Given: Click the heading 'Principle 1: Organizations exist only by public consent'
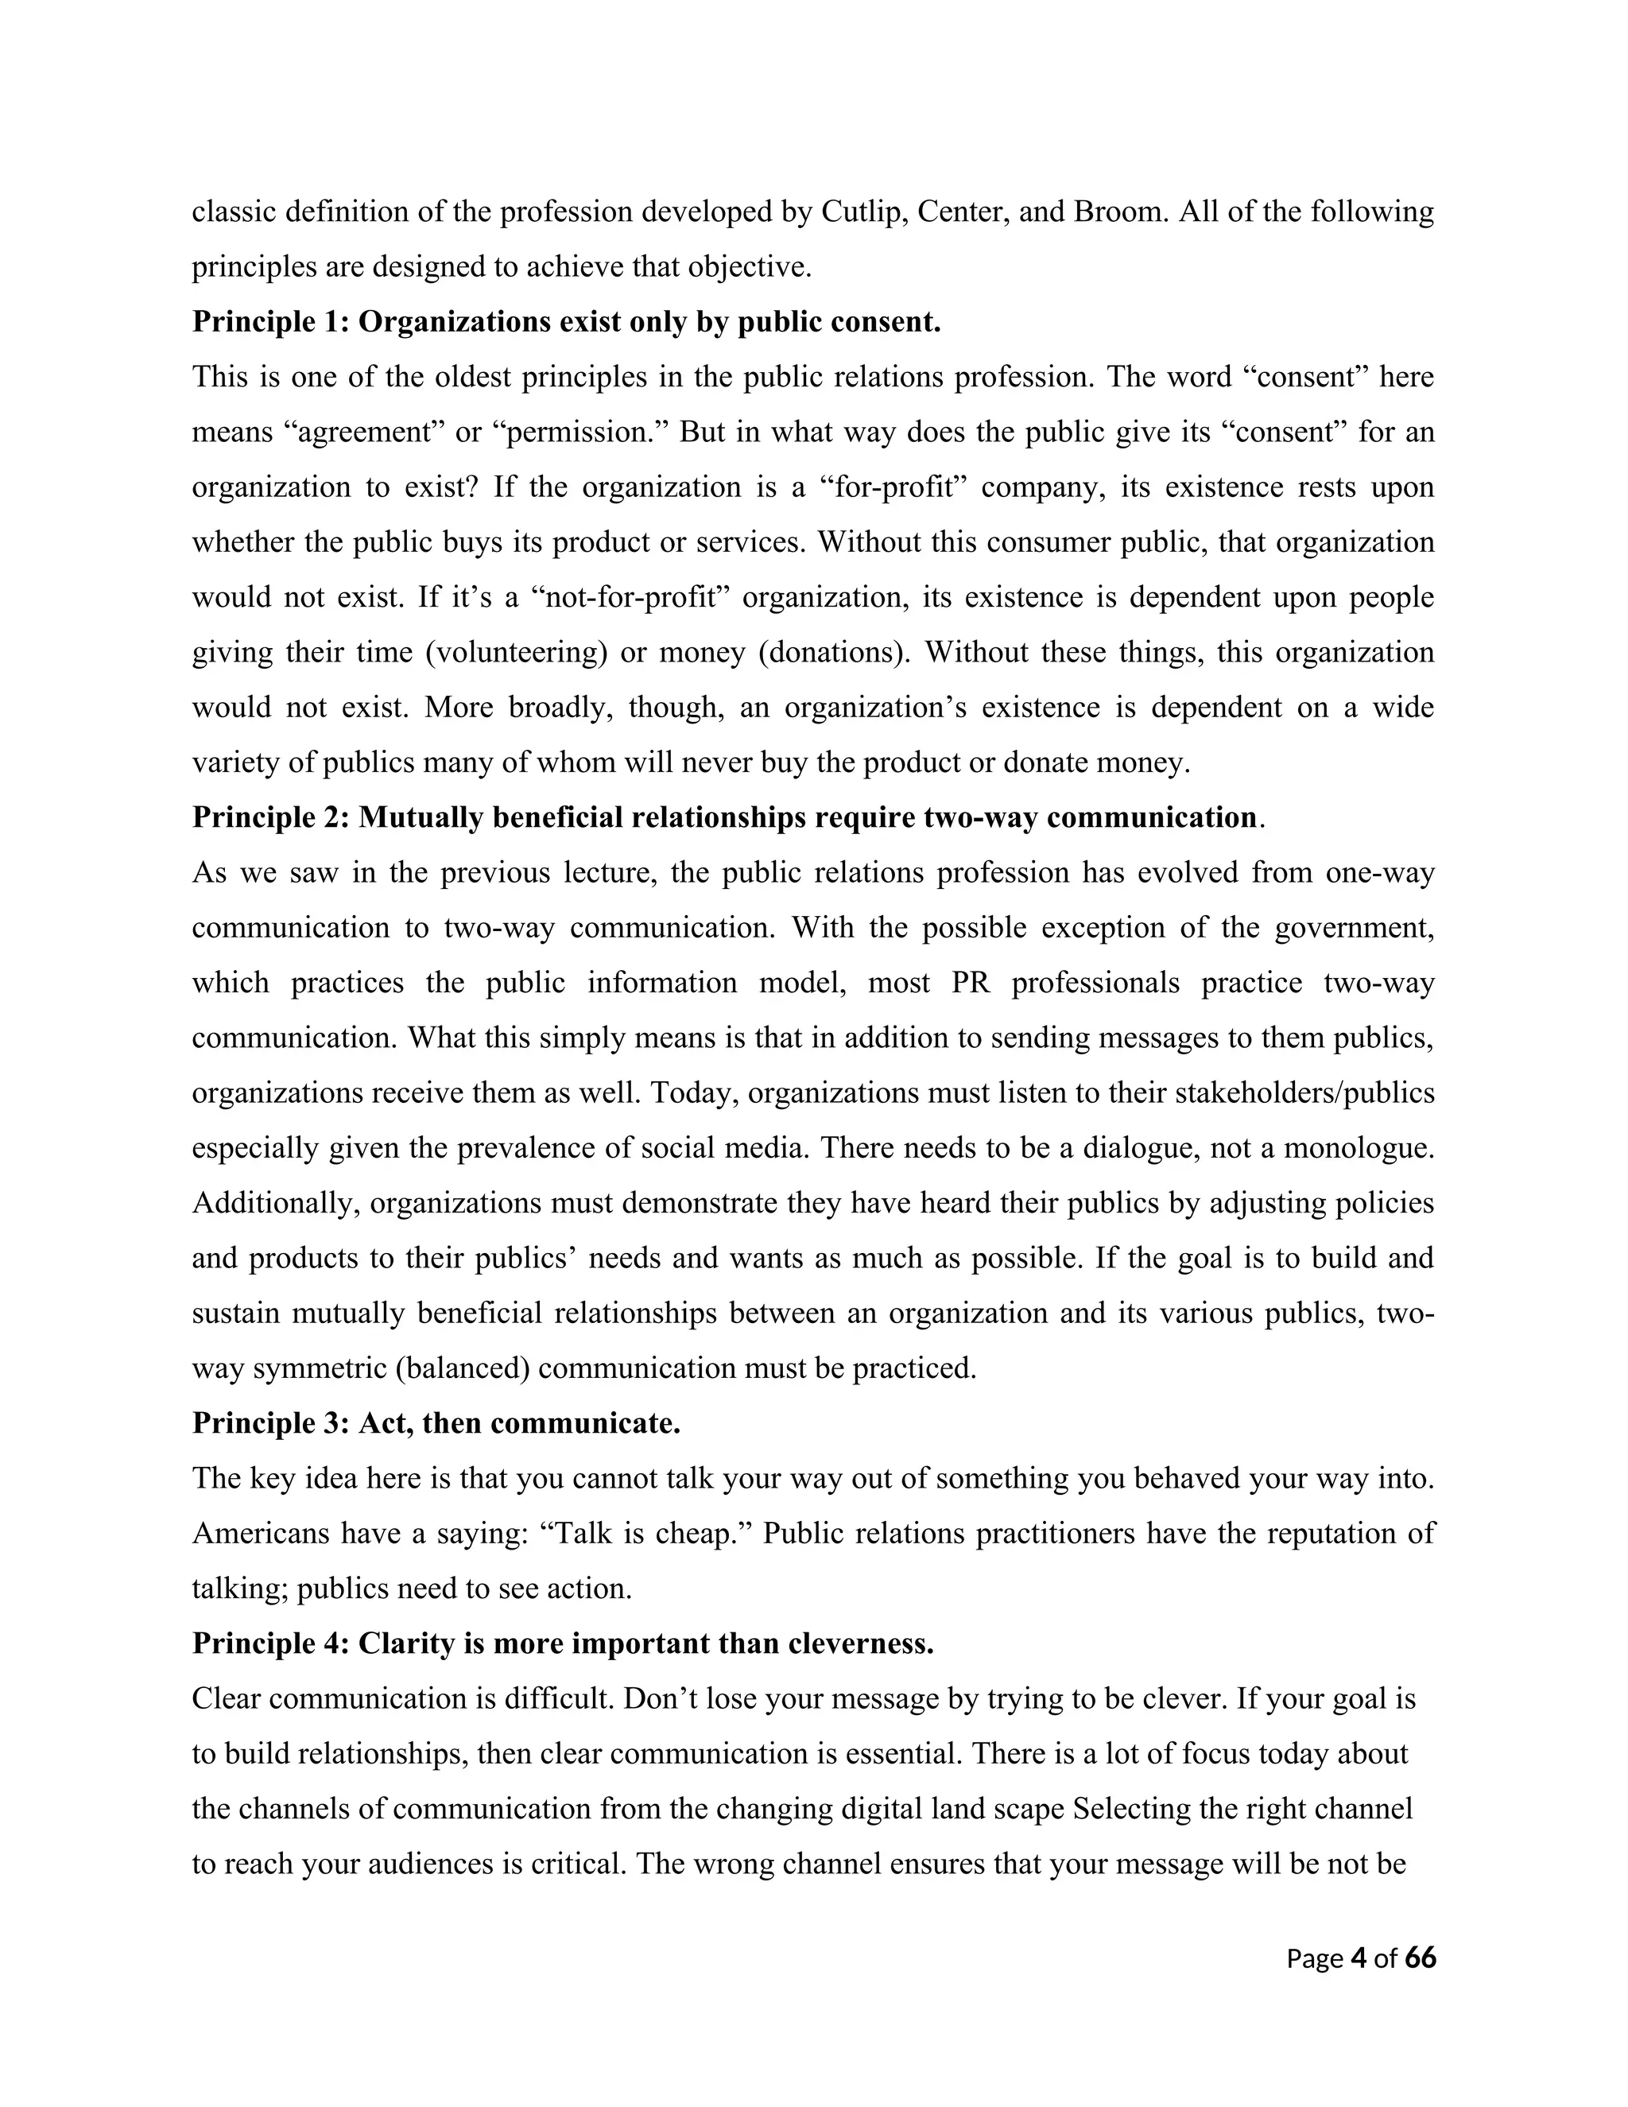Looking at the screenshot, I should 566,321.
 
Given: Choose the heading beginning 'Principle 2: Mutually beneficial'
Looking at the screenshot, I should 724,817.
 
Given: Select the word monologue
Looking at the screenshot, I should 1354,1148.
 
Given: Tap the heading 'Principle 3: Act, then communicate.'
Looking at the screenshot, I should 436,1423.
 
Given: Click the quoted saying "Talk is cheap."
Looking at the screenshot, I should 646,1533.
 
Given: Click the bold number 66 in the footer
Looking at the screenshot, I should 1420,1958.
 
